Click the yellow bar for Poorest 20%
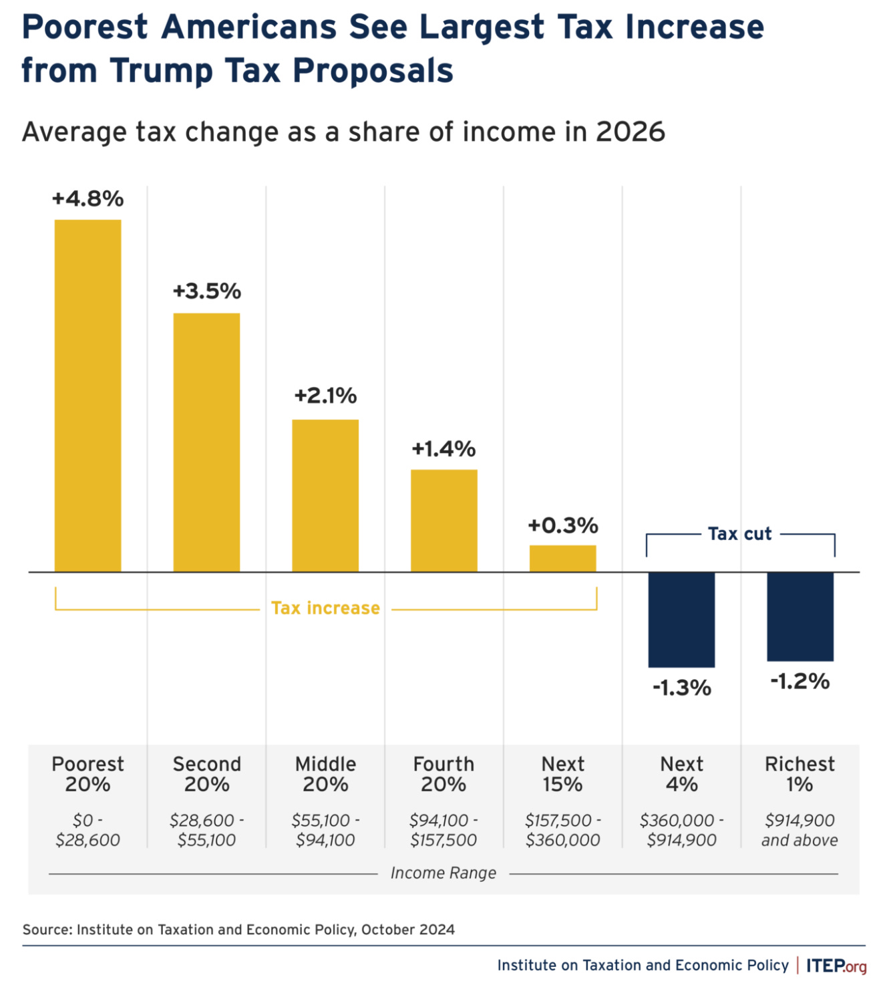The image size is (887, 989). click(x=87, y=396)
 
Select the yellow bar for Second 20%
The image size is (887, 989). click(x=206, y=442)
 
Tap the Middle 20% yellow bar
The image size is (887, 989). click(x=325, y=495)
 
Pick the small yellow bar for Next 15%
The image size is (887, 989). click(x=562, y=559)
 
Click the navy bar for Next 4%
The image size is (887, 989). click(x=681, y=619)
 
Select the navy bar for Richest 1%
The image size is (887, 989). click(x=800, y=616)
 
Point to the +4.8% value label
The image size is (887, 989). click(x=87, y=198)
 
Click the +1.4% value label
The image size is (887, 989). click(x=443, y=448)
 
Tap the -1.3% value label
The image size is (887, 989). click(x=681, y=688)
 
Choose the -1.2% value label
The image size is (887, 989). click(x=800, y=682)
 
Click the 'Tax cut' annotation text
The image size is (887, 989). click(x=739, y=534)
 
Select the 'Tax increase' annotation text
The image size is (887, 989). click(x=325, y=608)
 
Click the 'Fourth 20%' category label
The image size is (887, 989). click(x=443, y=774)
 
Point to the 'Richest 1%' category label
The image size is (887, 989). click(x=800, y=774)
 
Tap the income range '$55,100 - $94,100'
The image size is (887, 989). click(x=325, y=830)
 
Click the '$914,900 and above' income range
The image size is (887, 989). click(x=800, y=830)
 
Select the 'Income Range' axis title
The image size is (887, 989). click(x=443, y=873)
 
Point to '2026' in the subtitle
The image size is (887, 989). click(x=630, y=132)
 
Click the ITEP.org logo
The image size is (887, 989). click(x=836, y=966)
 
